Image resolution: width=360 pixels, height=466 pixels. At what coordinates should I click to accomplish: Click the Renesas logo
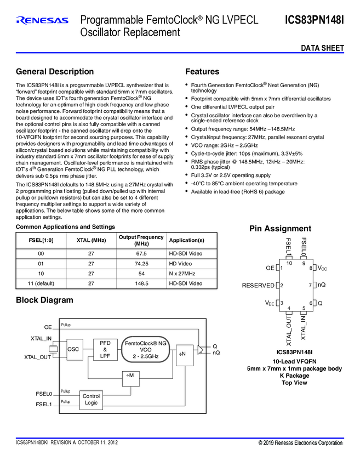(42, 20)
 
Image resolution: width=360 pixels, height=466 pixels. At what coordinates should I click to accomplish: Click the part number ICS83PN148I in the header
(314, 20)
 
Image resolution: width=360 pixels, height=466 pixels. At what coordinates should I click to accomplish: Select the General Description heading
(55, 72)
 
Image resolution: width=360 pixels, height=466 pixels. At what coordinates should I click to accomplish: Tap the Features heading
(202, 72)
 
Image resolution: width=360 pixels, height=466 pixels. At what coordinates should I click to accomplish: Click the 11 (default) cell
(42, 283)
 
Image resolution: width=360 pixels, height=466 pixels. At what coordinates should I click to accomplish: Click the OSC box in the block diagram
(73, 349)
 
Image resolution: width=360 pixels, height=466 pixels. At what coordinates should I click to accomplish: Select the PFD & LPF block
(105, 349)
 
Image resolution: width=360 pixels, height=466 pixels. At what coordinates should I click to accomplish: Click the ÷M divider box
(130, 376)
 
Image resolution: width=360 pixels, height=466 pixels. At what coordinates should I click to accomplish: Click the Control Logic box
(91, 399)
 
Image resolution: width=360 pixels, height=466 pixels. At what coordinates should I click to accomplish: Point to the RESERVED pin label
(258, 286)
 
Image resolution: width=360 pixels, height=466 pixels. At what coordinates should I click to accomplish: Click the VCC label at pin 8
(323, 268)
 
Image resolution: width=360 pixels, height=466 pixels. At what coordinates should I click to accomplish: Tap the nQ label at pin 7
(322, 286)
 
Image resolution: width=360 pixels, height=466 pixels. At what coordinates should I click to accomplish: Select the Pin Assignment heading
(280, 229)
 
